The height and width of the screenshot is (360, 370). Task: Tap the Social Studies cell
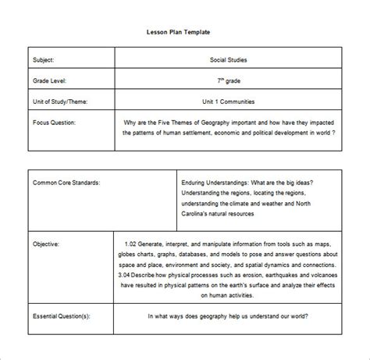(227, 59)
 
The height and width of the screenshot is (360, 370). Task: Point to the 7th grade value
(227, 80)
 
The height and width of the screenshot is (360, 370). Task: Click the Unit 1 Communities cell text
(227, 101)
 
